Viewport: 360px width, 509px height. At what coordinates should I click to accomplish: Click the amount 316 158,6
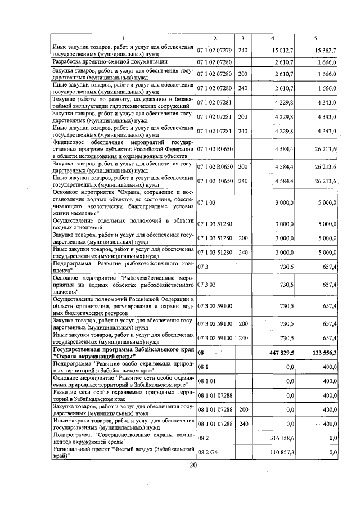point(274,436)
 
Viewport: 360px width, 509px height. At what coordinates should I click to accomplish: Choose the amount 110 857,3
point(274,452)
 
